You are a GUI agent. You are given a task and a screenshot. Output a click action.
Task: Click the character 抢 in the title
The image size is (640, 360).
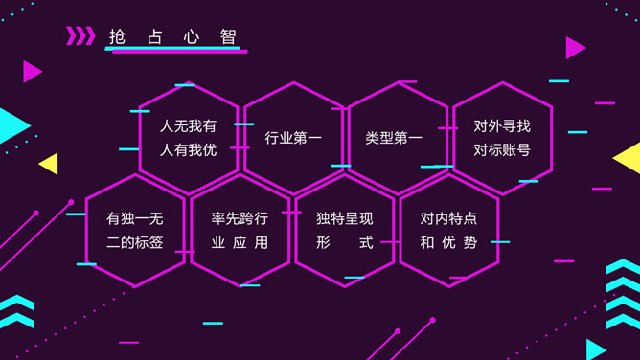(x=117, y=37)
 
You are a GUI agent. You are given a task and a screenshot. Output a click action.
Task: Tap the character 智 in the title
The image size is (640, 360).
(x=228, y=37)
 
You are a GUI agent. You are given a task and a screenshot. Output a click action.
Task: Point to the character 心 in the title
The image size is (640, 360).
(x=191, y=37)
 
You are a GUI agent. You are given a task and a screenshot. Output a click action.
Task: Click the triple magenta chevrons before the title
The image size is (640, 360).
(x=80, y=35)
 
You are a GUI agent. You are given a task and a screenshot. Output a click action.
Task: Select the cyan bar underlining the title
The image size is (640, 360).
(x=172, y=48)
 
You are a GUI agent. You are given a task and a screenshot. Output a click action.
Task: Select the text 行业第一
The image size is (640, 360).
(x=293, y=138)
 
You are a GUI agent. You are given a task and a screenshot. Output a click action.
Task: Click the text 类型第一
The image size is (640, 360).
(x=394, y=138)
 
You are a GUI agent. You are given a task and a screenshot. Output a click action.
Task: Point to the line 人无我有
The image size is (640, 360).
(x=188, y=126)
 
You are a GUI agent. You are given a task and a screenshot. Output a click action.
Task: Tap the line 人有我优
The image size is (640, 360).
(x=188, y=150)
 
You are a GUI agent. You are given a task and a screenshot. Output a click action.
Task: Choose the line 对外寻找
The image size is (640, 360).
(x=502, y=126)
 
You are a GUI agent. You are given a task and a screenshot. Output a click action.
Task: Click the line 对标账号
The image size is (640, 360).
(x=502, y=150)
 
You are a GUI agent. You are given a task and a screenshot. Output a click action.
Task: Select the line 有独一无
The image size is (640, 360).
(x=135, y=218)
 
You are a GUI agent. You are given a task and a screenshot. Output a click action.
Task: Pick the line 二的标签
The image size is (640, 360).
(x=135, y=242)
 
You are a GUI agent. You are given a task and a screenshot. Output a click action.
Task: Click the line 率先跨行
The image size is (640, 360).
(x=240, y=218)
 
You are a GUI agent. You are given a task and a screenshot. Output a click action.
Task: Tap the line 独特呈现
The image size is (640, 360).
(x=345, y=218)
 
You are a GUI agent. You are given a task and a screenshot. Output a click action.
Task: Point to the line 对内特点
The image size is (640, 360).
(x=448, y=218)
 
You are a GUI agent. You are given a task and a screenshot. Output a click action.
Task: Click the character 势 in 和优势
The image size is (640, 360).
(x=470, y=242)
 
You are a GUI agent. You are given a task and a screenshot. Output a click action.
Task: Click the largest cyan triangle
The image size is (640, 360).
(x=12, y=125)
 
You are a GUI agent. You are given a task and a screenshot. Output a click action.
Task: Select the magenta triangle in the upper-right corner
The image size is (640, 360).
(x=575, y=48)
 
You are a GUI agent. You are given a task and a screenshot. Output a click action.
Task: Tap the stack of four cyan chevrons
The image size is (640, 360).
(x=623, y=294)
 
